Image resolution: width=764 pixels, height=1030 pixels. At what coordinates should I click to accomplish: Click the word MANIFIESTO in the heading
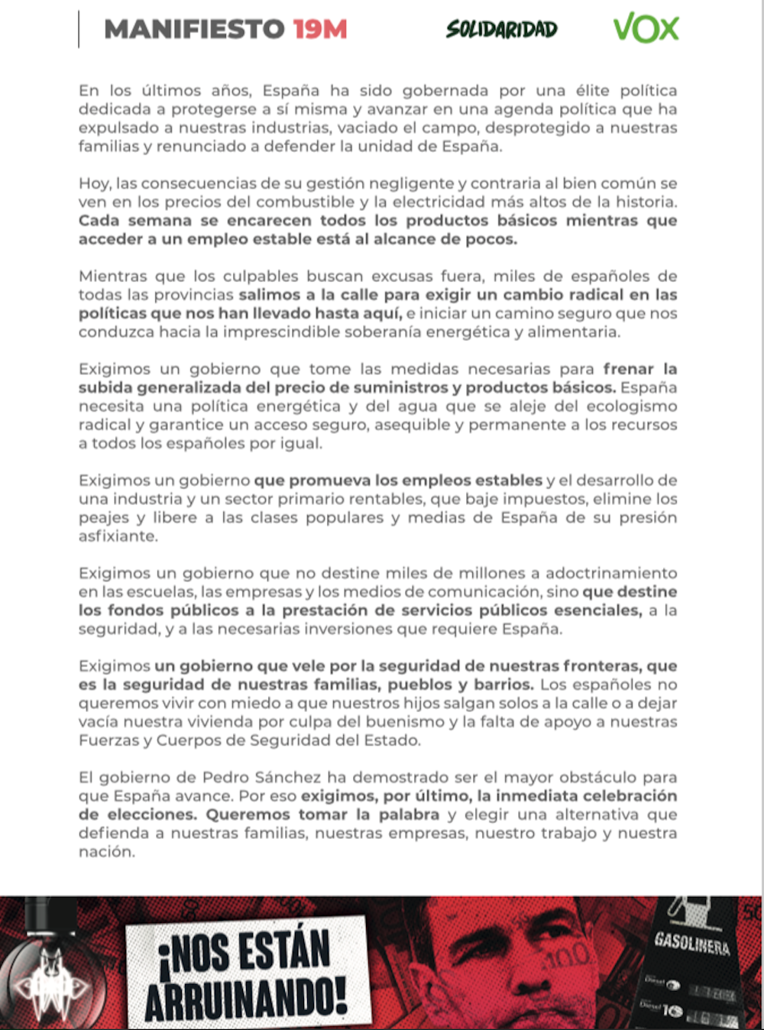click(x=194, y=30)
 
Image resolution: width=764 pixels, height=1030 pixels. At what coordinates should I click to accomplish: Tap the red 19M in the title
click(x=320, y=30)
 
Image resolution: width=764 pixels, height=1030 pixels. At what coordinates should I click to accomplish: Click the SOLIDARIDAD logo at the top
click(x=502, y=30)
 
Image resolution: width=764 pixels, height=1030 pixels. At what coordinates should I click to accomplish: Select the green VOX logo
click(x=646, y=29)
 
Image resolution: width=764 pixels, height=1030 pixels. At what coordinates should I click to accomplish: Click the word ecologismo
click(x=622, y=406)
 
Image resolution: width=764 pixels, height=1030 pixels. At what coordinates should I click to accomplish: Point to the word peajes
click(x=104, y=518)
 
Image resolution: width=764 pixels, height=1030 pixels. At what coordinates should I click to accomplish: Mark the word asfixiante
click(x=118, y=536)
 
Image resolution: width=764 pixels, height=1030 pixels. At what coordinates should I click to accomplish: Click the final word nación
click(x=106, y=852)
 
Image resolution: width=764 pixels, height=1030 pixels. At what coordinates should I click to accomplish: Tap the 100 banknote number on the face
click(x=568, y=955)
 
